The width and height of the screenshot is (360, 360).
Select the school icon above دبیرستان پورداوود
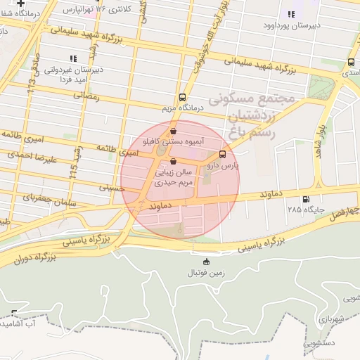pos(290,14)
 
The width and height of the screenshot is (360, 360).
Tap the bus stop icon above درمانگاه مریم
pos(183,97)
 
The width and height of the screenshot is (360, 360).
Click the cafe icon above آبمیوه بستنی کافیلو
pos(173,131)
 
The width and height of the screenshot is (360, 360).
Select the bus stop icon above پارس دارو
pos(223,154)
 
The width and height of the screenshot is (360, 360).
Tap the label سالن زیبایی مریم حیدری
pos(173,175)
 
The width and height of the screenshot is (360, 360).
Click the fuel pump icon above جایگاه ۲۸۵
pos(304,199)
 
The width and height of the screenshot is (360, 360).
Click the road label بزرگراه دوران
pos(35,257)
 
